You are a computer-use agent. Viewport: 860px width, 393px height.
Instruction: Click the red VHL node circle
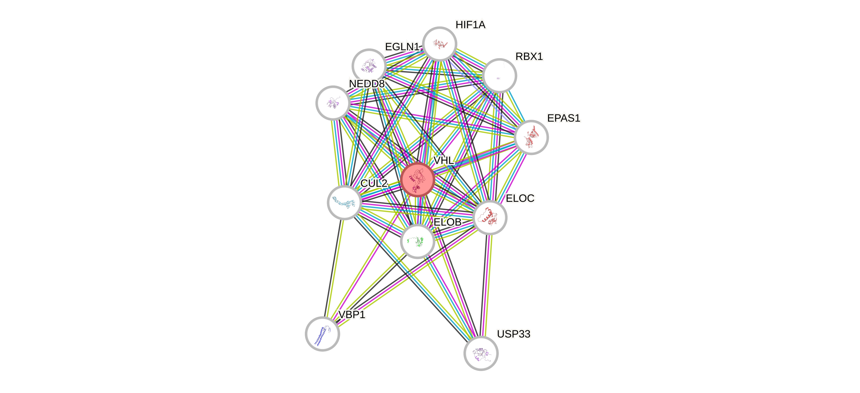coord(417,180)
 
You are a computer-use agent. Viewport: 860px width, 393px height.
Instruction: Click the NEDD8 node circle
coord(333,103)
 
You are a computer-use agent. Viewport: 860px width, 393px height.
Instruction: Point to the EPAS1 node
coord(531,137)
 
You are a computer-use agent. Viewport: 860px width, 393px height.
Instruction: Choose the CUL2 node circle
coord(344,202)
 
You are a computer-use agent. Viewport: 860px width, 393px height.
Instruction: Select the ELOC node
coord(490,218)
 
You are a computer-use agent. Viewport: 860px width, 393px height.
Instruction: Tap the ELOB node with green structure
coord(417,241)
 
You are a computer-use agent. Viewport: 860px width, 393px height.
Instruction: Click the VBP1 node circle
coord(322,333)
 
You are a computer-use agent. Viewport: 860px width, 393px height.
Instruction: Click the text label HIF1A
coord(470,25)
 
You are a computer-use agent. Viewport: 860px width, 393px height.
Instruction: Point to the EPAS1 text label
coord(564,118)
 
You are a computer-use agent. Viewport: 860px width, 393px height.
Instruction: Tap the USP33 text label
coord(513,334)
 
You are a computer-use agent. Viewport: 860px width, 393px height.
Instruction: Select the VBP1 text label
coord(352,314)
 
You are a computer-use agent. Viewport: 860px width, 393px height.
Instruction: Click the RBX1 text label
coord(529,56)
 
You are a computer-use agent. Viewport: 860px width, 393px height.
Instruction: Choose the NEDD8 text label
coord(367,84)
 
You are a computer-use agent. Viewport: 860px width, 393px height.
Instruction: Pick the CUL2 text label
coord(374,183)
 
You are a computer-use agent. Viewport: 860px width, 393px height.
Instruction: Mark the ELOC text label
coord(520,198)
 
